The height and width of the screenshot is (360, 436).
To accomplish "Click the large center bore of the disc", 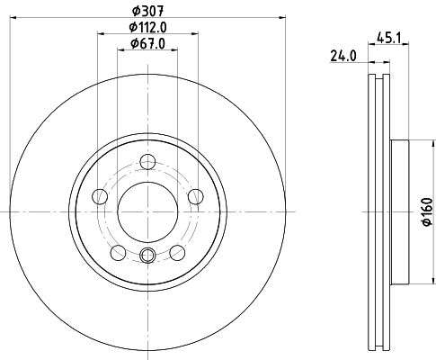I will [x=147, y=211].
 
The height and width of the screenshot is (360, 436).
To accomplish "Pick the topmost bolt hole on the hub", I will [x=148, y=164].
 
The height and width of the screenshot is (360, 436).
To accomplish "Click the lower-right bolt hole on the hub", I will [x=177, y=251].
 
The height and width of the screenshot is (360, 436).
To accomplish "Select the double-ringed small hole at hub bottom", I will [x=148, y=256].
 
